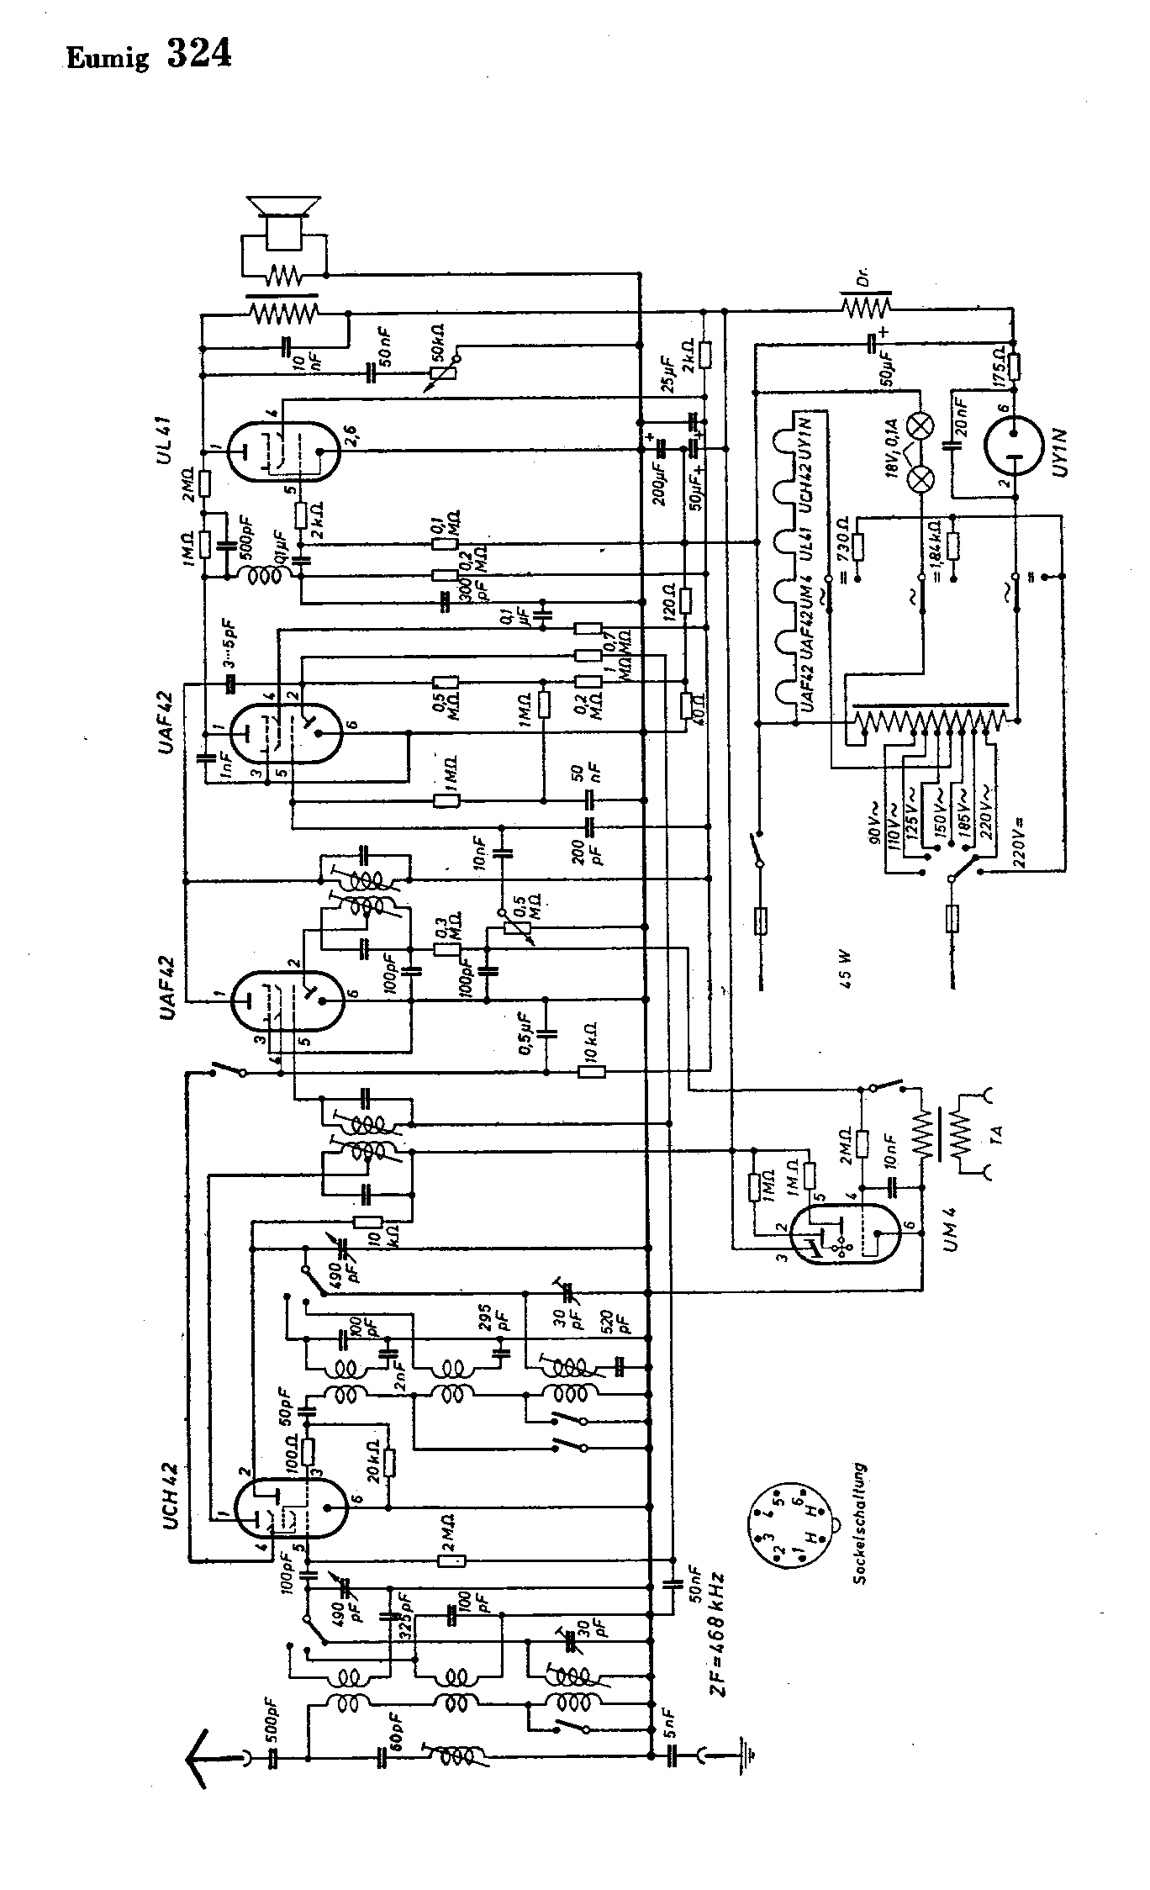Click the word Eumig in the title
[108, 58]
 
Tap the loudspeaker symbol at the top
[281, 221]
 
